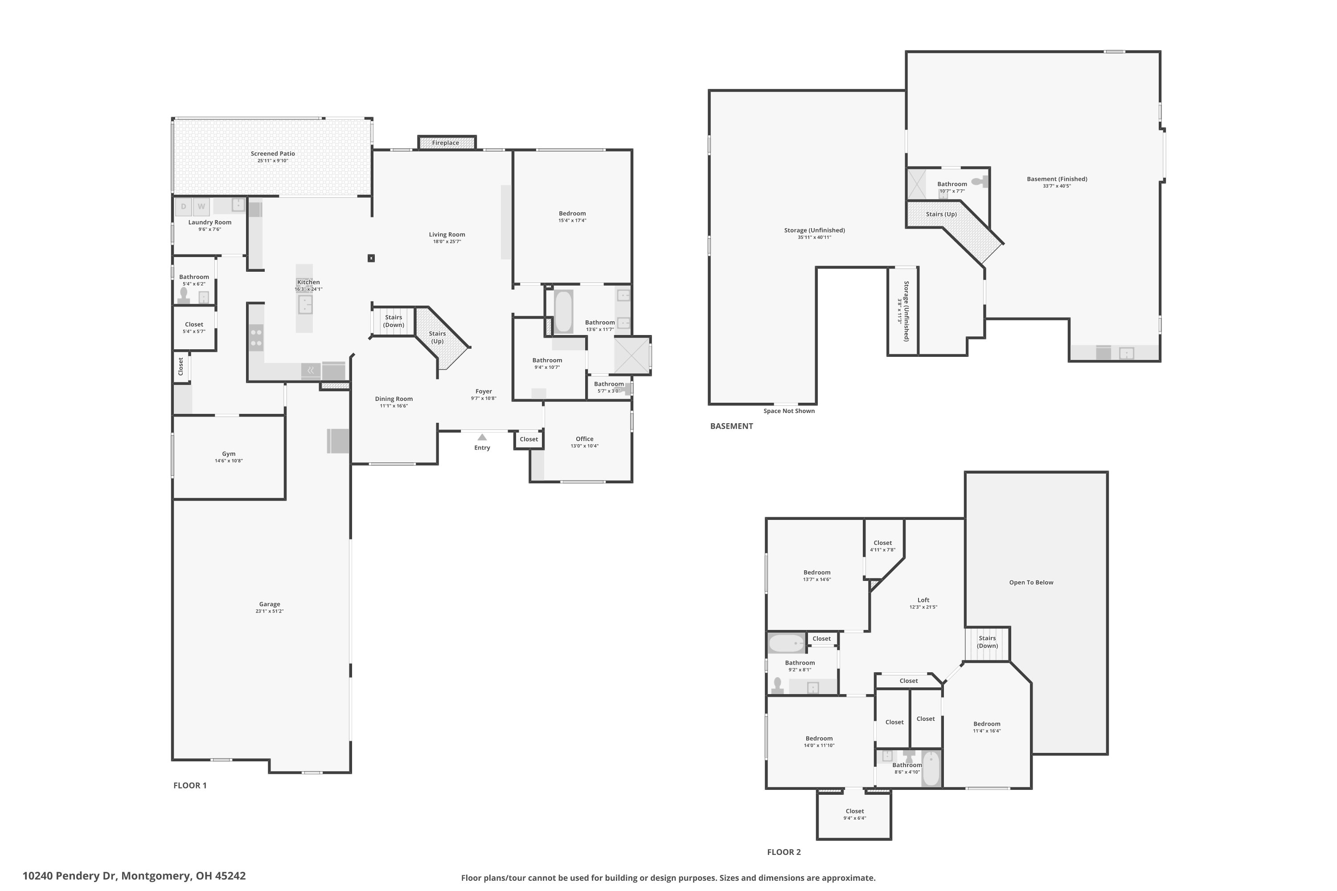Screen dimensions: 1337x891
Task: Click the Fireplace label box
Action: (x=447, y=143)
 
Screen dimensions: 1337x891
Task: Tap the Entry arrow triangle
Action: (x=482, y=437)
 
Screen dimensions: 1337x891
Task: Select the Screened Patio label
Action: (x=273, y=153)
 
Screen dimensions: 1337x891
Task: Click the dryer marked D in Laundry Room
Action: (x=183, y=206)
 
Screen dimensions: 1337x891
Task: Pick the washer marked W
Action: (x=201, y=206)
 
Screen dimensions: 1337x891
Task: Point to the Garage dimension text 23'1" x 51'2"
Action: (x=270, y=611)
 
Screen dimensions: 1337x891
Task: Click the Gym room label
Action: (x=229, y=454)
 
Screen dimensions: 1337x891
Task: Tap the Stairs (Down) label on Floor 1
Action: (x=394, y=321)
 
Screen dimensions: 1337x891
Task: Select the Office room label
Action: (x=584, y=439)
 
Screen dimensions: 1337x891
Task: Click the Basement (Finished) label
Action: (x=1057, y=179)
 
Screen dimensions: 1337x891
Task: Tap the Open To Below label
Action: (x=1031, y=582)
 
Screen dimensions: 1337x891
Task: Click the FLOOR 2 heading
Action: (x=784, y=852)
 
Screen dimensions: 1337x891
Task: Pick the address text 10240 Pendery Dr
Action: (x=70, y=876)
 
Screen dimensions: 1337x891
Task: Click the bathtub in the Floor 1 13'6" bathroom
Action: (x=563, y=311)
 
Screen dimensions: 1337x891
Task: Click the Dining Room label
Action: (x=394, y=399)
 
